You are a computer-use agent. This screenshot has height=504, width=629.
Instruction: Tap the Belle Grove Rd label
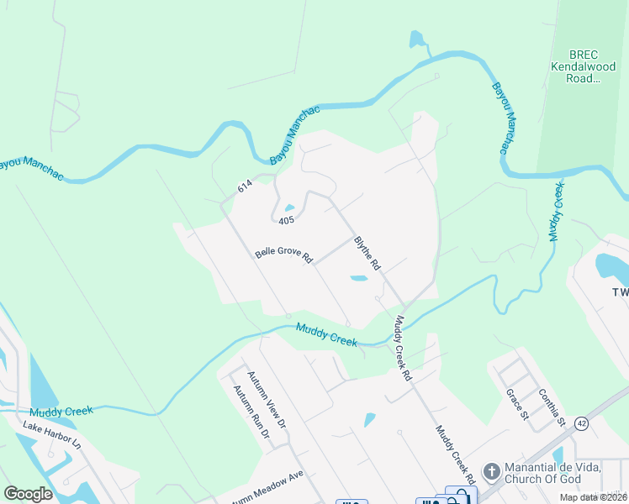[283, 255]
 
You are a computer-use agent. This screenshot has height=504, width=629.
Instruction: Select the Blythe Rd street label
[367, 252]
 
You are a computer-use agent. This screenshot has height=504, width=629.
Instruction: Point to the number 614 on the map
[245, 189]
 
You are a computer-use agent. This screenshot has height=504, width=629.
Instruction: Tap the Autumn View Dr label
[266, 399]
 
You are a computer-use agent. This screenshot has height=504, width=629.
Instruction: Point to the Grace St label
[515, 403]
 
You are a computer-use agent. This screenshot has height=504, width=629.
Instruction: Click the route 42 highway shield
[582, 423]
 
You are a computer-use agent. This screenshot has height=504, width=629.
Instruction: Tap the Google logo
[29, 494]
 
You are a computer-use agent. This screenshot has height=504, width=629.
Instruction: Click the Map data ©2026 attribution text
[594, 497]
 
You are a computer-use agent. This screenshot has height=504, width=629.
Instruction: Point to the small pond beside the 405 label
[289, 208]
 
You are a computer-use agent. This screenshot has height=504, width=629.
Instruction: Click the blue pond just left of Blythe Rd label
[358, 278]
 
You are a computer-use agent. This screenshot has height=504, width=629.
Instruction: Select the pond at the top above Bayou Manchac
[415, 39]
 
